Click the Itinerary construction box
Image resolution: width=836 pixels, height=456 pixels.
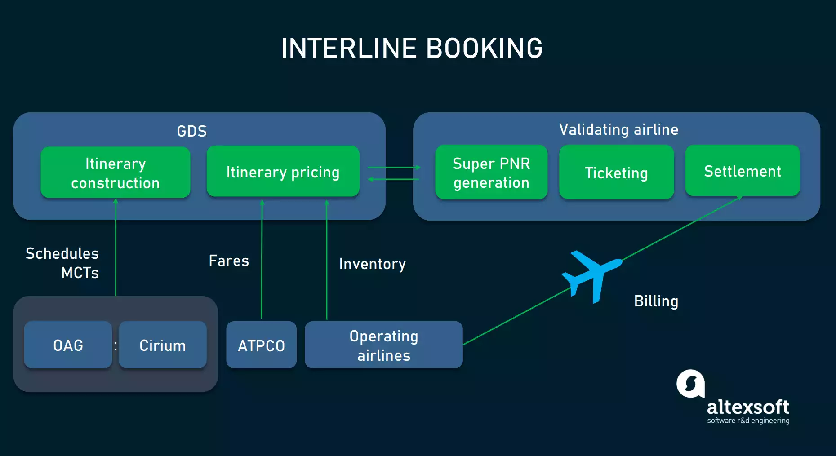click(116, 173)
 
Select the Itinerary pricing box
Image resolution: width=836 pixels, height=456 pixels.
click(283, 172)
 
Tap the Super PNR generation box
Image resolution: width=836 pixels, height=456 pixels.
click(491, 173)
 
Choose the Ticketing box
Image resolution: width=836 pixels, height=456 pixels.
click(616, 173)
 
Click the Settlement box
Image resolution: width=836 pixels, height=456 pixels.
click(743, 171)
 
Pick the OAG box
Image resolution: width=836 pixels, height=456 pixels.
click(68, 345)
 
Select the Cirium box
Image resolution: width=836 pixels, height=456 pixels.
click(163, 345)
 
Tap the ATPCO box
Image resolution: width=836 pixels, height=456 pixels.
click(261, 345)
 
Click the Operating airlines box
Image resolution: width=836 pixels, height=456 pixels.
click(383, 345)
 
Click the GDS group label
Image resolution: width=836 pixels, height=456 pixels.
click(191, 131)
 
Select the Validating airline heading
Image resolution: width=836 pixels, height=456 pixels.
click(618, 130)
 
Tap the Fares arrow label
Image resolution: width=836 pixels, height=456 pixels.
click(229, 261)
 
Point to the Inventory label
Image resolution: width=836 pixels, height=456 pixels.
click(372, 264)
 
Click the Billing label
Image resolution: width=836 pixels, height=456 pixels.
click(656, 301)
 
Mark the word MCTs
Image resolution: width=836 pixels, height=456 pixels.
click(80, 273)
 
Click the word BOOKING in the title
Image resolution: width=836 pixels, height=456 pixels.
click(484, 49)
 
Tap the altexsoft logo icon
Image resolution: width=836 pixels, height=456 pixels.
click(690, 384)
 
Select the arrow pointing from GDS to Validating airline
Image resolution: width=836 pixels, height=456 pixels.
click(394, 168)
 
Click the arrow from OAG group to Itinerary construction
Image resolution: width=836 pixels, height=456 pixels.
click(116, 247)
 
